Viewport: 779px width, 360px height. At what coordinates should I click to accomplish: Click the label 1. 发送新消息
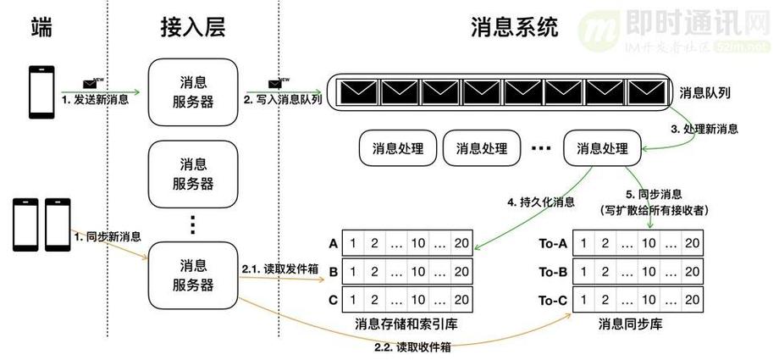(94, 101)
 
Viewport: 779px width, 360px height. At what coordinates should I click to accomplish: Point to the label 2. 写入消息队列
(283, 100)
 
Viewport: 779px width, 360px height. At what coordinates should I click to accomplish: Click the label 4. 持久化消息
(541, 202)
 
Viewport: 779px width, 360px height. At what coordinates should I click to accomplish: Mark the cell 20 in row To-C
(692, 300)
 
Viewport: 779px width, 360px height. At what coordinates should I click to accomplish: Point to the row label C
(333, 300)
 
